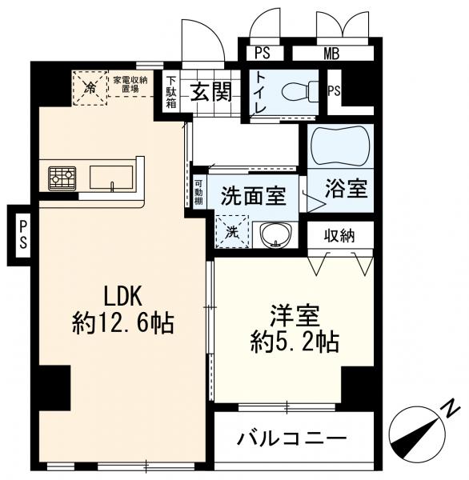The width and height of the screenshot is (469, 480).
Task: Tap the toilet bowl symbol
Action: click(307, 90)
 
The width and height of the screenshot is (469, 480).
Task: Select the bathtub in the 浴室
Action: click(340, 146)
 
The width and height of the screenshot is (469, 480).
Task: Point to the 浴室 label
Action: click(346, 190)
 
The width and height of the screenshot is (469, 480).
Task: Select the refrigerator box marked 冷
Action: click(90, 87)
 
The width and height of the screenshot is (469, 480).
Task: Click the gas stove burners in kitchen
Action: click(62, 178)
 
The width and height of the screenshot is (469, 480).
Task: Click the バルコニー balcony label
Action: click(293, 438)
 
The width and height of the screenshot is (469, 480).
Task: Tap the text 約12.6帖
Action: click(123, 322)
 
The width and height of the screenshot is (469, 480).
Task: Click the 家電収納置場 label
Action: click(129, 84)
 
